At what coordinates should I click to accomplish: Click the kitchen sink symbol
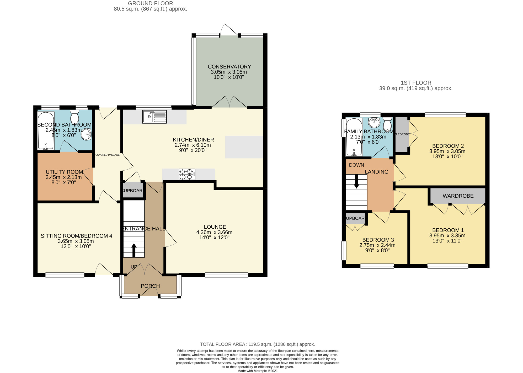click(154, 117)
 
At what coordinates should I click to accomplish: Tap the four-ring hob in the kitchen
click(187, 174)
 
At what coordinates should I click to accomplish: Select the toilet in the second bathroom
click(75, 115)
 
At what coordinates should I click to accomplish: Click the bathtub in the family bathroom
click(354, 137)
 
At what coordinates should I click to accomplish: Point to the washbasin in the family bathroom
click(374, 122)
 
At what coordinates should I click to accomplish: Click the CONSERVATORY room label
click(229, 67)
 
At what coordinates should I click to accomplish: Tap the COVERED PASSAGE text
click(107, 155)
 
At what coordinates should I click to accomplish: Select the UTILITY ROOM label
click(64, 172)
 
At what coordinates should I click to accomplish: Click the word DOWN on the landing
click(356, 165)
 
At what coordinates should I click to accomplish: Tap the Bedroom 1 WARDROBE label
click(458, 196)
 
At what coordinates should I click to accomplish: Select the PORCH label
click(150, 286)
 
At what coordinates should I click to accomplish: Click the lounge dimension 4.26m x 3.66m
click(214, 232)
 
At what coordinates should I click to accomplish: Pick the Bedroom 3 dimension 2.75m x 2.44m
click(377, 245)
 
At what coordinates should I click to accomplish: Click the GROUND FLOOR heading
click(150, 3)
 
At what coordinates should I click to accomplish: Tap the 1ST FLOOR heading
click(416, 83)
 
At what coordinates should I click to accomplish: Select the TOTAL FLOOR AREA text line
click(257, 344)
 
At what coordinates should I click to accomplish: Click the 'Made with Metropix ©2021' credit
click(257, 371)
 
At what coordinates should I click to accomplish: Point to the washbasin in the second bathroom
click(86, 134)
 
